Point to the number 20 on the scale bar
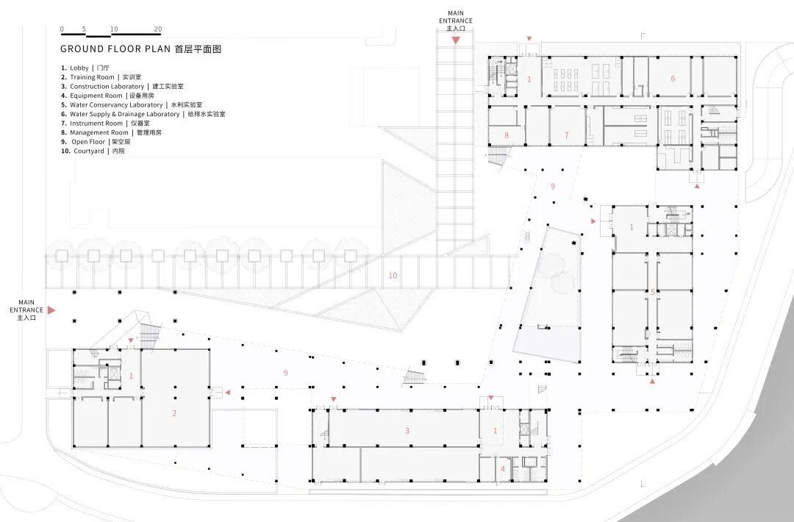tap(157, 29)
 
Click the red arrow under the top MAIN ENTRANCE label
tap(456, 40)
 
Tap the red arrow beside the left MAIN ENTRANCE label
tap(51, 311)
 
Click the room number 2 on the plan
tap(174, 413)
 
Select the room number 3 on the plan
tap(407, 430)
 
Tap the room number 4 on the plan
tap(503, 468)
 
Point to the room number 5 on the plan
tap(652, 292)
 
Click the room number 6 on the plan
tap(672, 79)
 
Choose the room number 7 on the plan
tap(566, 135)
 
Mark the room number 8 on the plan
tap(506, 135)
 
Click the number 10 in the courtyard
tap(393, 276)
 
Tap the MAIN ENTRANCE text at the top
tap(456, 17)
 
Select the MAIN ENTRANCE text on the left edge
tap(26, 306)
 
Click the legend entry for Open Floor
tap(96, 142)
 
